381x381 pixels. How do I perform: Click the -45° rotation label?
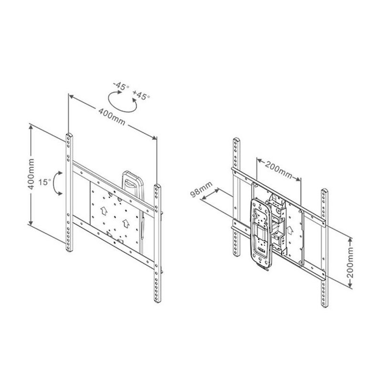click(x=121, y=86)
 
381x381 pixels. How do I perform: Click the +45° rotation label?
click(x=141, y=95)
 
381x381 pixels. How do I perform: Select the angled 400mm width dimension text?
click(x=112, y=117)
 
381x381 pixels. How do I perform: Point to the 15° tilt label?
click(x=44, y=182)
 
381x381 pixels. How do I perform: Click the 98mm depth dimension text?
click(x=201, y=189)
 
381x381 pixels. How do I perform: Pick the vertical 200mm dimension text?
click(x=350, y=263)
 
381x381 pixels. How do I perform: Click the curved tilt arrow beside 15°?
click(x=56, y=183)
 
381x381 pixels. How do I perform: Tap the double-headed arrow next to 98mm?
click(x=210, y=194)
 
